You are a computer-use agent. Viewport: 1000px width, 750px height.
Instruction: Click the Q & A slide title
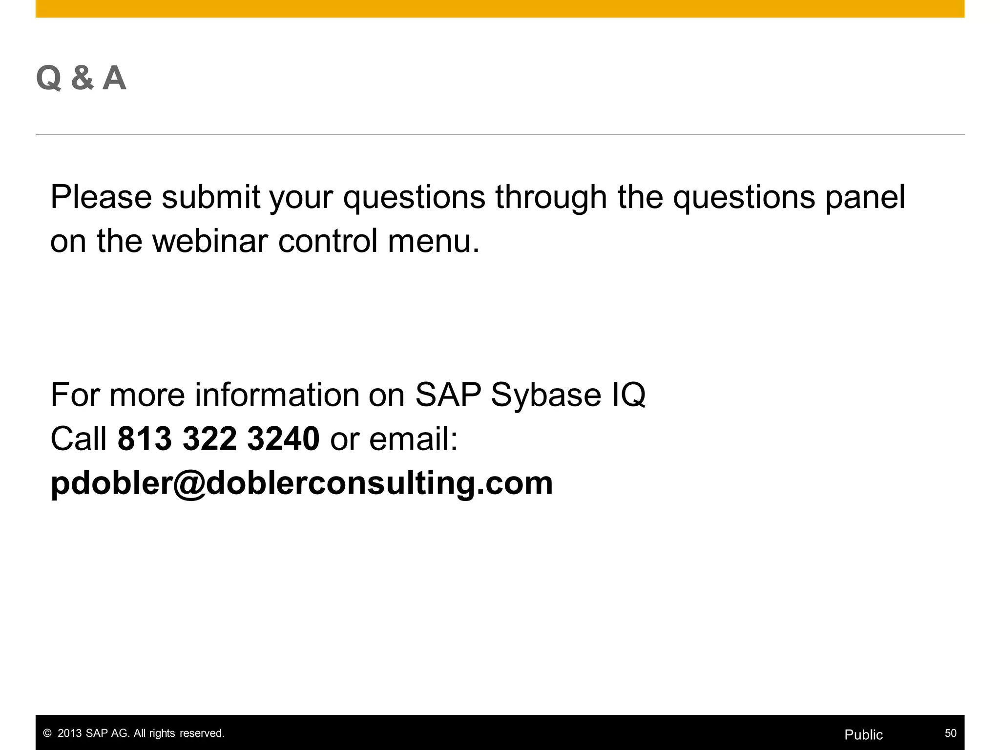(x=81, y=78)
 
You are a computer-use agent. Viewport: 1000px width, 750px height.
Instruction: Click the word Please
(x=101, y=197)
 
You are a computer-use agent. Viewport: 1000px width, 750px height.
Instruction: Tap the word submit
(x=211, y=197)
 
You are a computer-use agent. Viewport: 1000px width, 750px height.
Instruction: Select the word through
(x=551, y=197)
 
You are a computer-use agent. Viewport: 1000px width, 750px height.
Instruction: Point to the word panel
(x=865, y=197)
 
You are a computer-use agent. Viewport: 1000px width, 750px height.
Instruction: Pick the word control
(x=328, y=241)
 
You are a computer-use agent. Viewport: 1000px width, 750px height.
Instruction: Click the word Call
(x=79, y=438)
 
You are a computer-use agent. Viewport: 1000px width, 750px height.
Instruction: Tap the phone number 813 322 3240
(x=218, y=438)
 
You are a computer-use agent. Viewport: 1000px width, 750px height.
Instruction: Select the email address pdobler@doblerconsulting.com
(x=302, y=483)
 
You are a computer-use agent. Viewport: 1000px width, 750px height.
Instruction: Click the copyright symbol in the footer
(x=47, y=733)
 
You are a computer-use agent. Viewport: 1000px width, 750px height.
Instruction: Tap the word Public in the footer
(x=863, y=735)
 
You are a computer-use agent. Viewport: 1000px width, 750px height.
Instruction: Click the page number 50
(x=950, y=733)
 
